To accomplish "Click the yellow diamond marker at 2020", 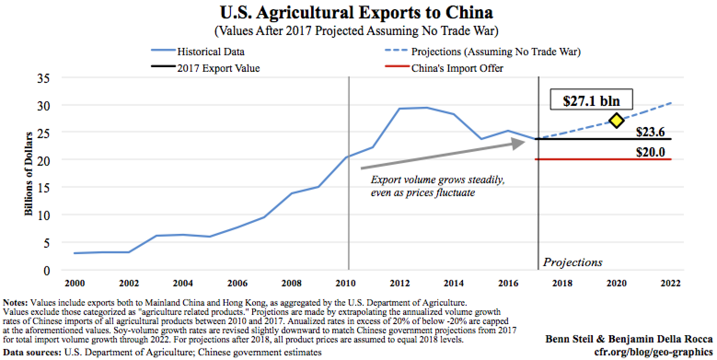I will (x=616, y=121).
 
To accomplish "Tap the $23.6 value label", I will (x=650, y=132).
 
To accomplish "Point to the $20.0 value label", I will (x=650, y=152).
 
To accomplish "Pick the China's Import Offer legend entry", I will (x=457, y=69).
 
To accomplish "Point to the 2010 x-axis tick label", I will (x=348, y=283).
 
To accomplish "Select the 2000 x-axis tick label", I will (x=75, y=283).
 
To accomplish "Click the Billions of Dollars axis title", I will (x=29, y=174).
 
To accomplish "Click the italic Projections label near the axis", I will (x=572, y=262).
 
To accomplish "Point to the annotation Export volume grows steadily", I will (x=438, y=180).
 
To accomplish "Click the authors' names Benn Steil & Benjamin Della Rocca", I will (x=629, y=339).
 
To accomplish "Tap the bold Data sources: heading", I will (x=32, y=353).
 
